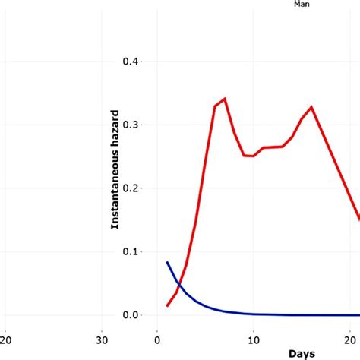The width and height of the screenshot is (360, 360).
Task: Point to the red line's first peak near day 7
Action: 224,99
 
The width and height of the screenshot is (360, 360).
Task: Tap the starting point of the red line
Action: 167,306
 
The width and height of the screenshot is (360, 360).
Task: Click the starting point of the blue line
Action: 167,262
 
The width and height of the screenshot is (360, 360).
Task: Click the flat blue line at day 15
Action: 302,314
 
